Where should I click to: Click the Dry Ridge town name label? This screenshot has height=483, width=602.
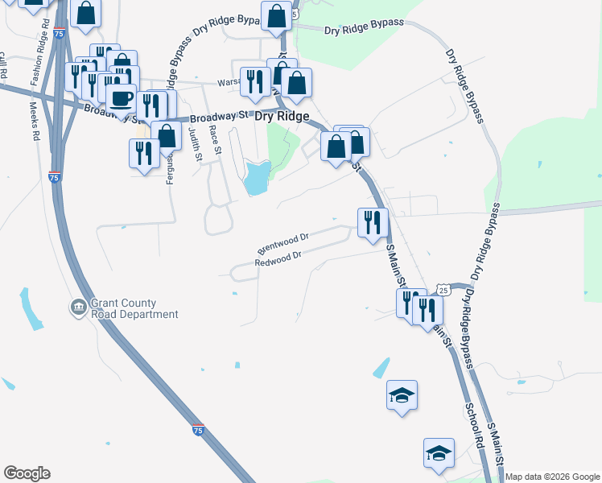click(282, 117)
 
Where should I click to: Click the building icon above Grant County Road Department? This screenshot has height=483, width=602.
click(78, 307)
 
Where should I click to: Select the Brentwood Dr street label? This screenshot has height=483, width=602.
click(282, 240)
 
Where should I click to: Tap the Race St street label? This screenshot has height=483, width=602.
click(214, 139)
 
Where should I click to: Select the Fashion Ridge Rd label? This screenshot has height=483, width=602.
click(36, 56)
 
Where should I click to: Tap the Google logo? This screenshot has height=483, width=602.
click(27, 473)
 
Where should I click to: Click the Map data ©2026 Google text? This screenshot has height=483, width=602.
click(553, 477)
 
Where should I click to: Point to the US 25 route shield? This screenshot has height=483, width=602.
click(443, 289)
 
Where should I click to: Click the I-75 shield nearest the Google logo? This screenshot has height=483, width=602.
click(198, 431)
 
